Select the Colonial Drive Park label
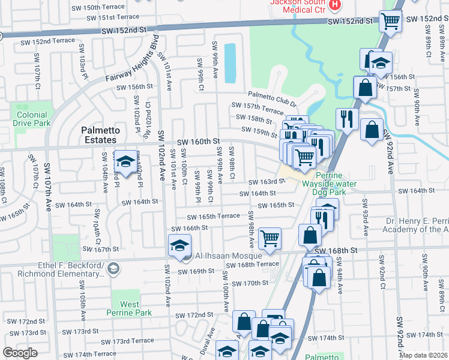[x=31, y=118]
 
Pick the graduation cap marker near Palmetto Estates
[x=125, y=161]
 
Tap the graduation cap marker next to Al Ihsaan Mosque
[x=179, y=247]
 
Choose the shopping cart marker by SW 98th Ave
[x=270, y=238]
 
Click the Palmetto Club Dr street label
[x=273, y=98]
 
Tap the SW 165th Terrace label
[x=213, y=217]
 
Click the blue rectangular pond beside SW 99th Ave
[x=230, y=63]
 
